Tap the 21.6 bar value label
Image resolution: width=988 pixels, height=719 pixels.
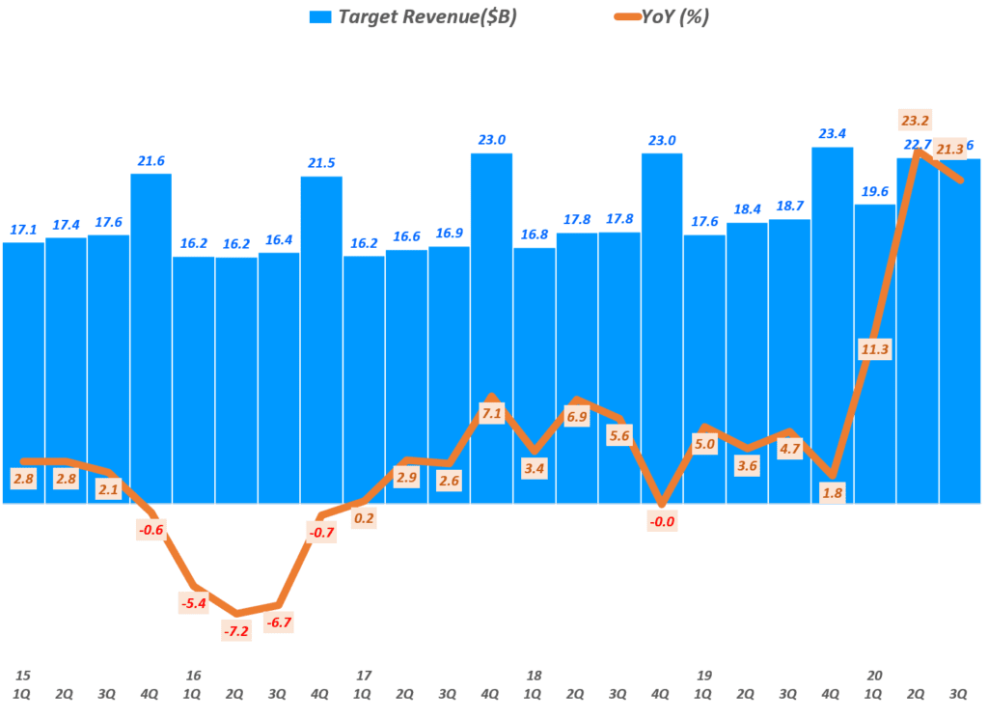151,161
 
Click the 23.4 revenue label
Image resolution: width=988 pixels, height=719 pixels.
832,134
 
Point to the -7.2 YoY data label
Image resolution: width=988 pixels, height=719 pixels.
236,630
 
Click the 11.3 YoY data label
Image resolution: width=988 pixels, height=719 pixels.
875,349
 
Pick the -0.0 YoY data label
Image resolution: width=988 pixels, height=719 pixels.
662,522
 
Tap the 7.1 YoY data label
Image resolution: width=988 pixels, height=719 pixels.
491,414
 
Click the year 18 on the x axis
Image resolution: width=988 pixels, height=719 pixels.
534,676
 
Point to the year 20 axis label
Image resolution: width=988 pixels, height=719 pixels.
875,676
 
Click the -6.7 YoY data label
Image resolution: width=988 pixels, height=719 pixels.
279,622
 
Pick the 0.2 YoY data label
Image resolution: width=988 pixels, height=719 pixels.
364,517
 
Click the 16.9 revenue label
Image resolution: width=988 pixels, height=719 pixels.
449,234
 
